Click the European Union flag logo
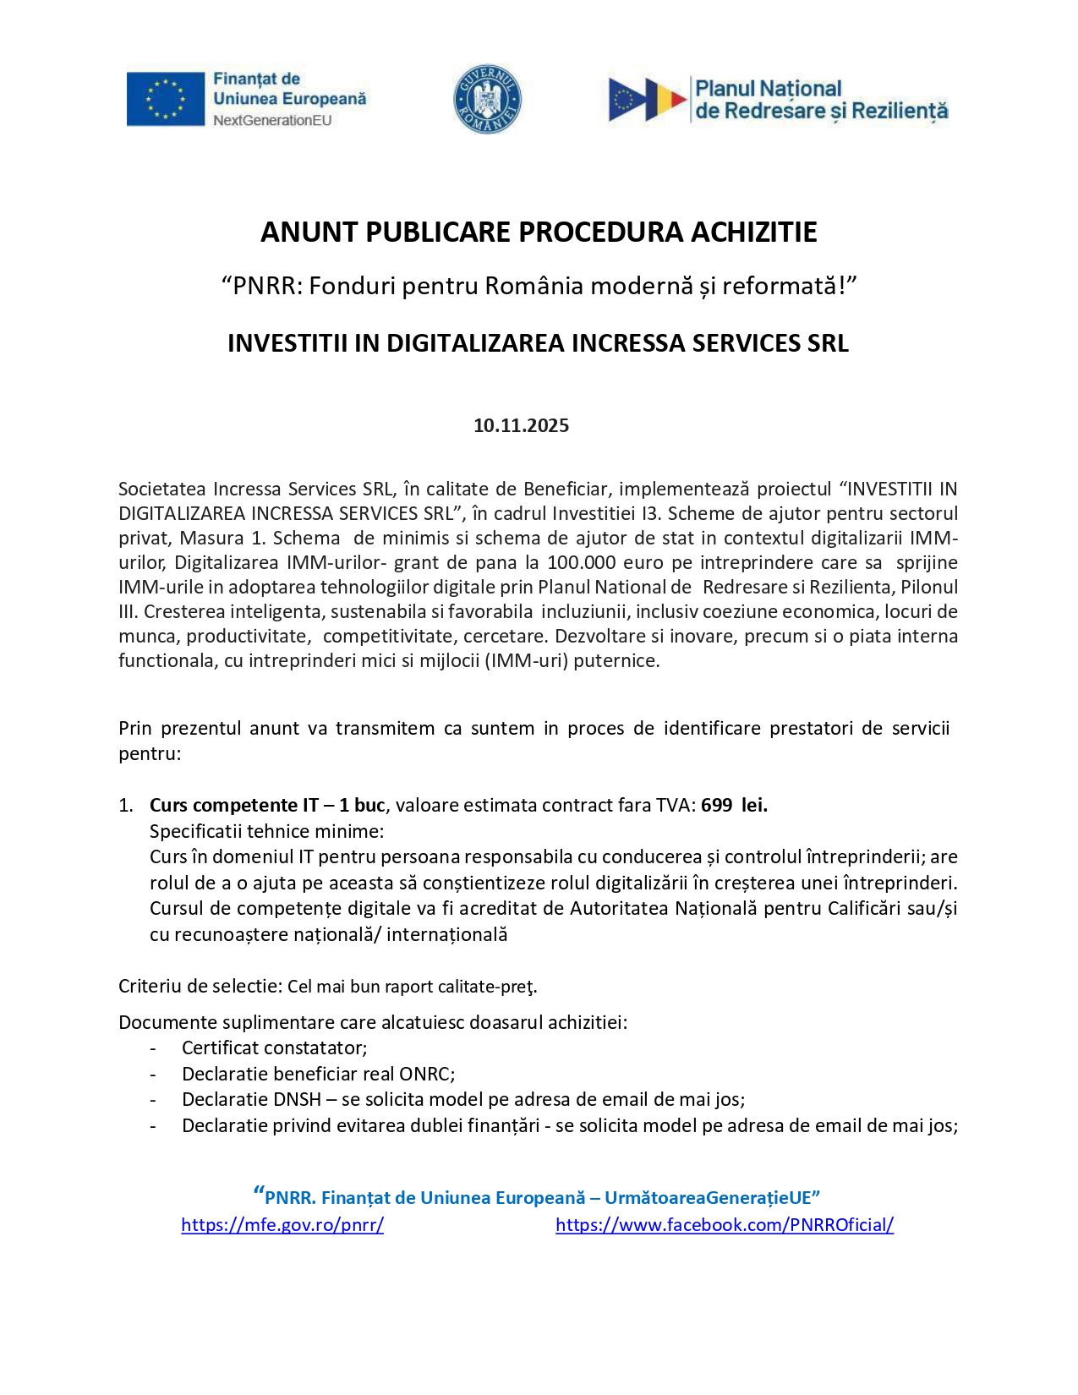pos(166,99)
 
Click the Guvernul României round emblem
pos(487,99)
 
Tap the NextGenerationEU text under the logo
pos(272,121)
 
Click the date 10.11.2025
pos(521,425)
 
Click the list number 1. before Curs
pos(126,805)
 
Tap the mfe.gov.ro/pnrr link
pos(282,1224)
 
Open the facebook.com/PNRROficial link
pos(725,1224)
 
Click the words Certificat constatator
pos(274,1048)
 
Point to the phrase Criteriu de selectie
pos(200,986)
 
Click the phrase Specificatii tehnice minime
pos(266,831)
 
